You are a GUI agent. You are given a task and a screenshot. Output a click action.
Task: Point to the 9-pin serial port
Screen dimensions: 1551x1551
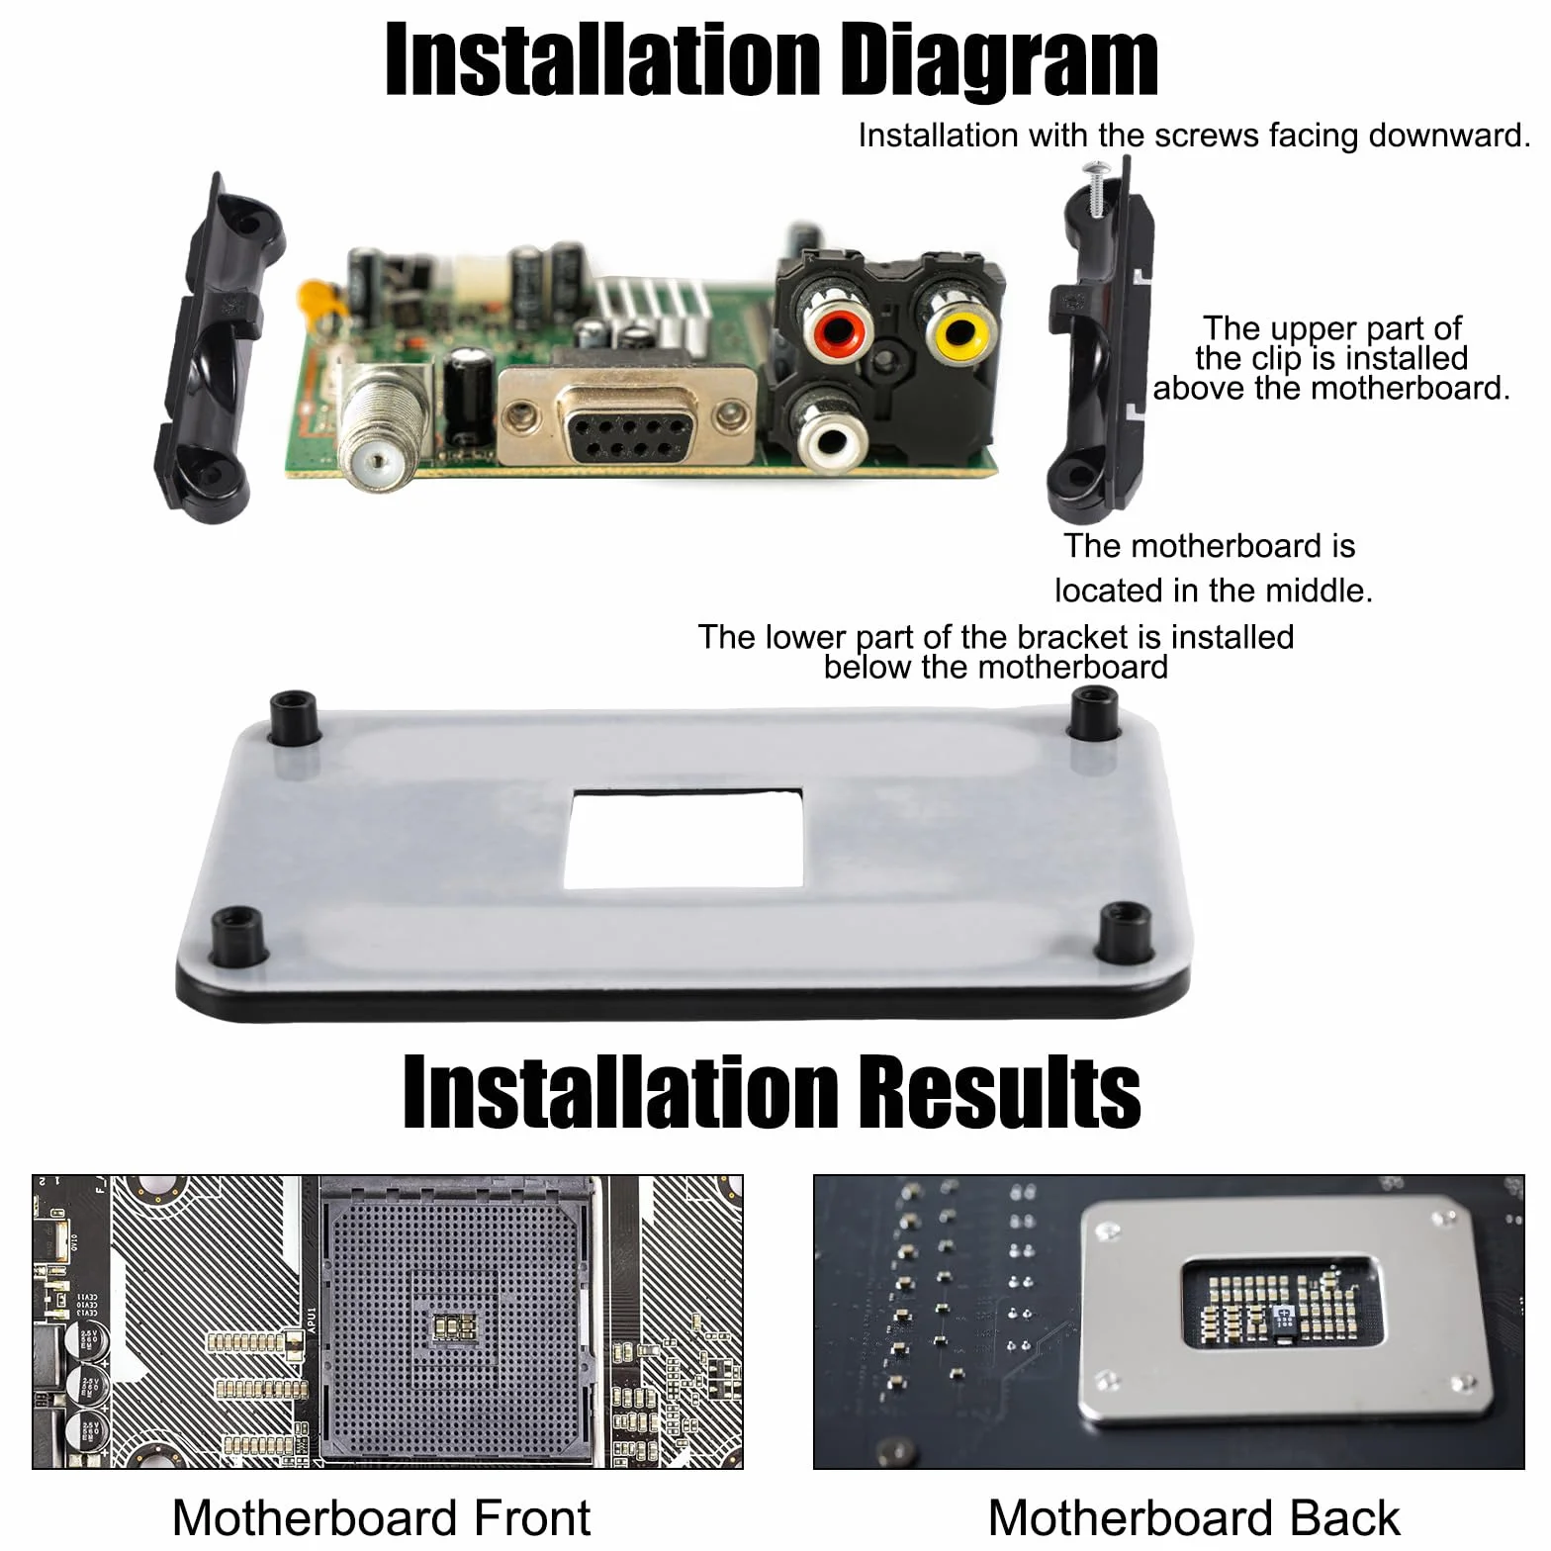(626, 419)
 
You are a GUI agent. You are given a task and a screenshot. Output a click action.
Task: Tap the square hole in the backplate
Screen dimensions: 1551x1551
(684, 838)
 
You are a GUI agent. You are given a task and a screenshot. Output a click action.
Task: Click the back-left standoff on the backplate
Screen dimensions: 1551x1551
(294, 717)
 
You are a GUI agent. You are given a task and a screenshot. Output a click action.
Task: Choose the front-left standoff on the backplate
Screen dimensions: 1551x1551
(238, 935)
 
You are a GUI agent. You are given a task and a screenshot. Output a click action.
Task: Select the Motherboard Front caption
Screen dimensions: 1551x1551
(382, 1516)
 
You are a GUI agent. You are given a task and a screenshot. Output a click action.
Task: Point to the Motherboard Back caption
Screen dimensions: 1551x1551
(1194, 1516)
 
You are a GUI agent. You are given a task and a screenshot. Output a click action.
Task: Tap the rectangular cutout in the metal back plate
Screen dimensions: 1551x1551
(1281, 1299)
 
